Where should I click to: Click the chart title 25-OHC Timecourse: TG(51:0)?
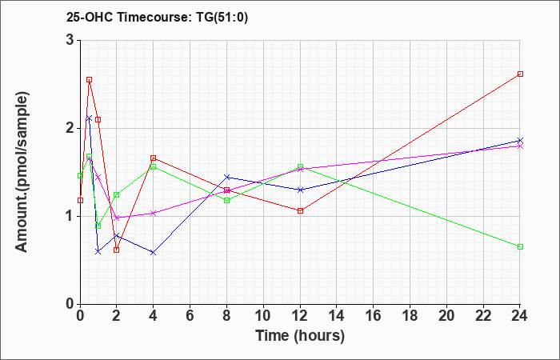point(157,17)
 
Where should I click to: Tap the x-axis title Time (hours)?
point(300,336)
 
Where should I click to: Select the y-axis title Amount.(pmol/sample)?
point(22,172)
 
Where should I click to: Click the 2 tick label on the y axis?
point(70,128)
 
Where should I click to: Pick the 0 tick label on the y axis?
point(70,304)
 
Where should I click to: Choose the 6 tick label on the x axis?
point(190,316)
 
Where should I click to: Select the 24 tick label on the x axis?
point(520,316)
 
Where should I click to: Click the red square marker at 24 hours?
point(520,74)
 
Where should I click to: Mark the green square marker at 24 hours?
point(520,246)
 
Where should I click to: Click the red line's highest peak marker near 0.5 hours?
point(90,80)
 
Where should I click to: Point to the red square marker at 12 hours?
point(300,210)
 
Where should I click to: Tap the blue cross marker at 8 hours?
point(226,177)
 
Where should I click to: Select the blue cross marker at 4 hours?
point(154,253)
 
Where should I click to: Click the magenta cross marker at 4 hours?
point(154,214)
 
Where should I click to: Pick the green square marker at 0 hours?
point(80,175)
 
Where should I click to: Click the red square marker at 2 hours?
point(117,250)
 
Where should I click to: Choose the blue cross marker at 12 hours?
point(300,190)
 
